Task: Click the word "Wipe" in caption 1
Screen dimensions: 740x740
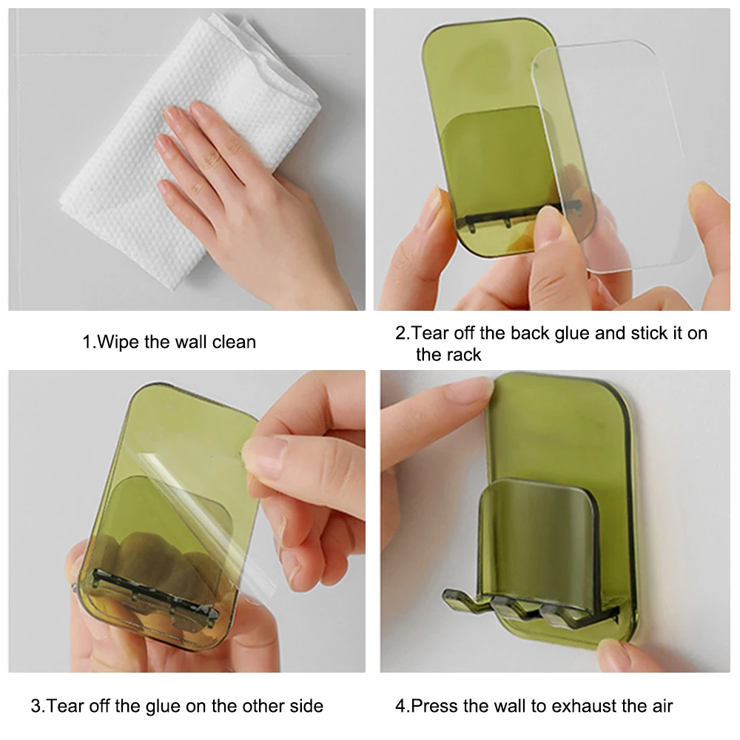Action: (x=118, y=342)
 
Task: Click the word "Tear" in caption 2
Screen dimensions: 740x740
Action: (x=428, y=333)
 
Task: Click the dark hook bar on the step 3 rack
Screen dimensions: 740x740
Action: (x=155, y=596)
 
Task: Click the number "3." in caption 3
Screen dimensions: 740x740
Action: (x=38, y=706)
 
